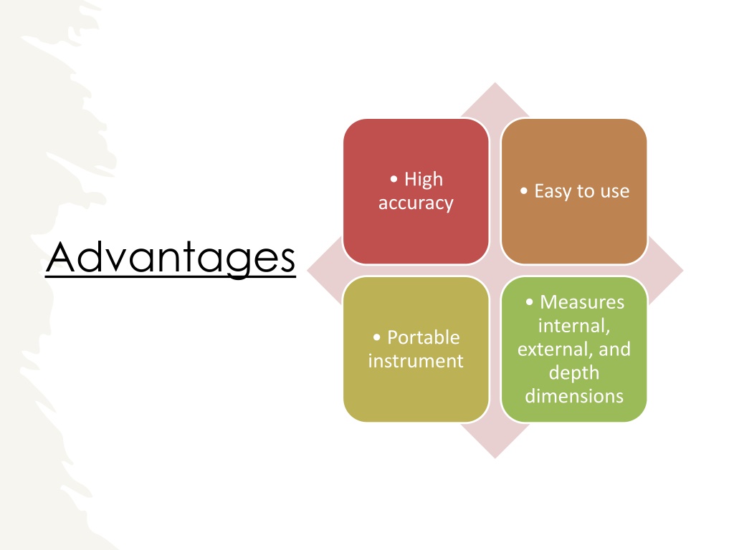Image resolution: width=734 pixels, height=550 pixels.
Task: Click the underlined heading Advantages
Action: [x=171, y=258]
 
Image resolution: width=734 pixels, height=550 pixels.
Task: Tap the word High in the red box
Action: [x=424, y=180]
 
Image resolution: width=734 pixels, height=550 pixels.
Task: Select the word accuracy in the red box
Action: [x=416, y=203]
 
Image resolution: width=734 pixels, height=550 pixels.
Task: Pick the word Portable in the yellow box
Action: [x=424, y=337]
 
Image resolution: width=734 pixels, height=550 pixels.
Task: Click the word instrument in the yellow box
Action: [x=416, y=361]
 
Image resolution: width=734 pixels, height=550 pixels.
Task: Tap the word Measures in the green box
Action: [x=582, y=302]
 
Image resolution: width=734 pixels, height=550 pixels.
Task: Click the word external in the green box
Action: [x=553, y=349]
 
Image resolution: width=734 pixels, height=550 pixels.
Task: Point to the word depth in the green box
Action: [x=574, y=373]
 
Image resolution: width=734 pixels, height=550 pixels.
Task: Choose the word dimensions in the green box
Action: [x=574, y=396]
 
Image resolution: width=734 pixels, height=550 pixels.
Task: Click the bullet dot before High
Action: [x=394, y=178]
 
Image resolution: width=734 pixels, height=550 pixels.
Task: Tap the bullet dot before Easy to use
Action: [x=524, y=190]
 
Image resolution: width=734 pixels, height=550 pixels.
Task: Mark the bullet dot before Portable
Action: [x=377, y=337]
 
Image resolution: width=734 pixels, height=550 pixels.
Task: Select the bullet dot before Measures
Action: [x=530, y=301]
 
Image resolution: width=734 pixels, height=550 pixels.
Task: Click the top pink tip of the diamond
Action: [x=495, y=83]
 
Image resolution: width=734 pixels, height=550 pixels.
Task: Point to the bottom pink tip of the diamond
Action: [x=495, y=458]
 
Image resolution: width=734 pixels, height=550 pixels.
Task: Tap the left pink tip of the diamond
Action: [x=308, y=270]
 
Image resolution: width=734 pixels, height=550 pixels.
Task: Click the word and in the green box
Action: [x=614, y=349]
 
